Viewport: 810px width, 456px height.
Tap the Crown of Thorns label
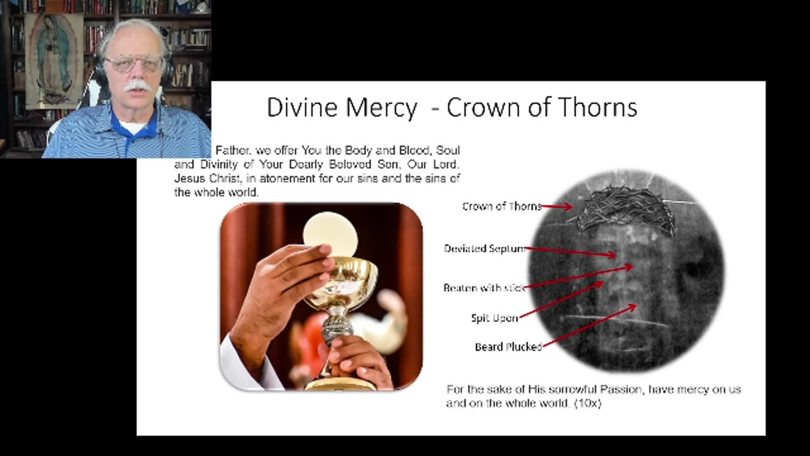(x=501, y=206)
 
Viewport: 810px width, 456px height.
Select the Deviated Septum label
(x=484, y=249)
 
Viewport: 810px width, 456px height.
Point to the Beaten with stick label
(x=484, y=288)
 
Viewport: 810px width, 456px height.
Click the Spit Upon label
(x=494, y=318)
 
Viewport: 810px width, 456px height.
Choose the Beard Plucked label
(x=508, y=347)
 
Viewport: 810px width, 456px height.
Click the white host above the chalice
(x=330, y=232)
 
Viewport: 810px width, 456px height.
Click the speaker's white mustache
(x=138, y=85)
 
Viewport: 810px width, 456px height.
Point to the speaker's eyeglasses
(x=134, y=63)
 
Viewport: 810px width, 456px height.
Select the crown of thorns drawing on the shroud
(x=626, y=209)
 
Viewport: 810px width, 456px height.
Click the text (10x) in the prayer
(x=587, y=403)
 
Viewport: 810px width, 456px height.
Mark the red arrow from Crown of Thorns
(x=557, y=206)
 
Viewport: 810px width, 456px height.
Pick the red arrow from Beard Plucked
(x=589, y=326)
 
